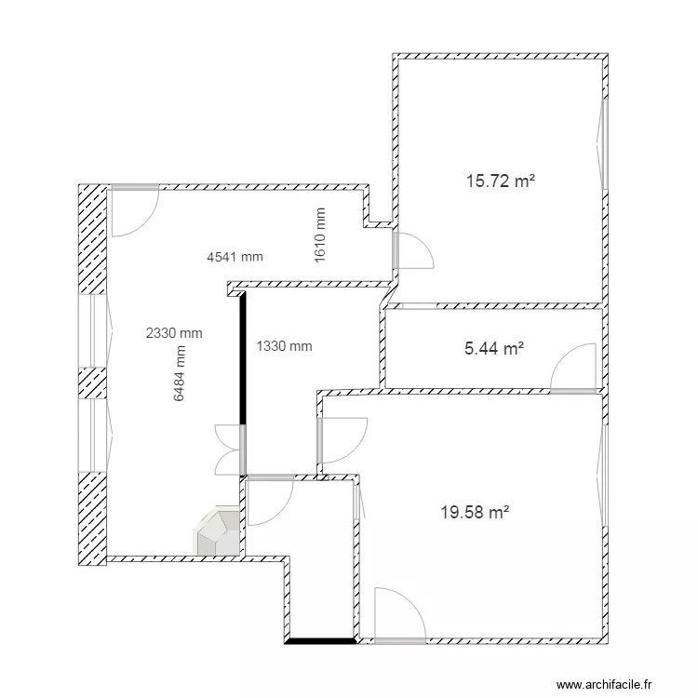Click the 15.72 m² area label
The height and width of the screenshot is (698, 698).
click(x=500, y=181)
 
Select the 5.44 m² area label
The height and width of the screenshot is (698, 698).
click(x=493, y=349)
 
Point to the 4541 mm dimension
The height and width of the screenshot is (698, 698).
click(x=235, y=258)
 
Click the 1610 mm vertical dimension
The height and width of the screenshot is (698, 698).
click(x=320, y=235)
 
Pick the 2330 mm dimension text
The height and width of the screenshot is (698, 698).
click(x=174, y=332)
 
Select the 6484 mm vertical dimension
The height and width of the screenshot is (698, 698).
click(x=180, y=373)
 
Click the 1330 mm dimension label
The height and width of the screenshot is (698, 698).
click(x=284, y=346)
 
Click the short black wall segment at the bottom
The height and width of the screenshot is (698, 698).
click(x=321, y=640)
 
